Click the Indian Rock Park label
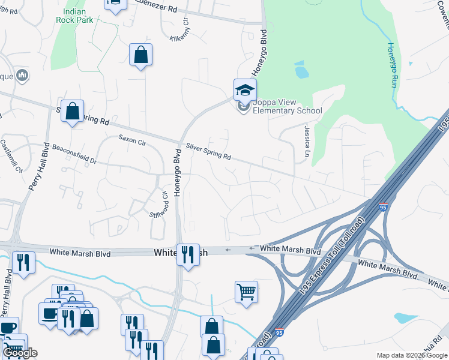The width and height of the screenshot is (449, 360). point(74,16)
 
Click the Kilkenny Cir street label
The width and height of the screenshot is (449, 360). point(179,29)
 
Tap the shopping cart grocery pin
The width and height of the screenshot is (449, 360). point(246,292)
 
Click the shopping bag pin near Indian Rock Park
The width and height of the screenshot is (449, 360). point(140,56)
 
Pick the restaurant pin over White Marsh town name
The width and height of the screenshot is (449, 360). point(188,254)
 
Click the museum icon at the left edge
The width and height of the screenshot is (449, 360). point(23,76)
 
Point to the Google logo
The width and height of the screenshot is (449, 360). point(19,353)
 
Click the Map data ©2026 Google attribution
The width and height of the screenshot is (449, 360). point(412,355)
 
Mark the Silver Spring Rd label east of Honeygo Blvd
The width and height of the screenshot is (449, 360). point(208,151)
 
